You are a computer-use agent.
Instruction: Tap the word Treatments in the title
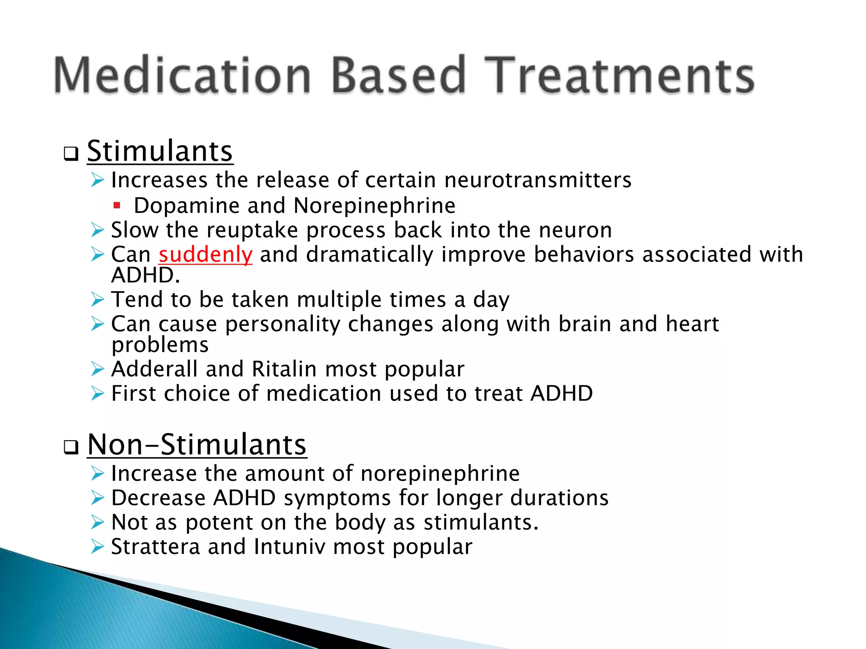tap(619, 75)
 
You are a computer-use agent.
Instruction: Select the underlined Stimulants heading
tap(160, 151)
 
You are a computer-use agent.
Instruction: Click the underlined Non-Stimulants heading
tap(197, 444)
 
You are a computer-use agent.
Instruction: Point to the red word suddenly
tap(206, 255)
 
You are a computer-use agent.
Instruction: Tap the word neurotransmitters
tap(537, 180)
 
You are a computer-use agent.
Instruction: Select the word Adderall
tap(154, 369)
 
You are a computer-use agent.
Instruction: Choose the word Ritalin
tap(284, 369)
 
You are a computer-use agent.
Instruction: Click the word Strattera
tap(155, 547)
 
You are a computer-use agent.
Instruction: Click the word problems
tap(160, 345)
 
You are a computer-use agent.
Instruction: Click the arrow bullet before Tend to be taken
tap(98, 300)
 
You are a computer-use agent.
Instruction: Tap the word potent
tap(219, 523)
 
